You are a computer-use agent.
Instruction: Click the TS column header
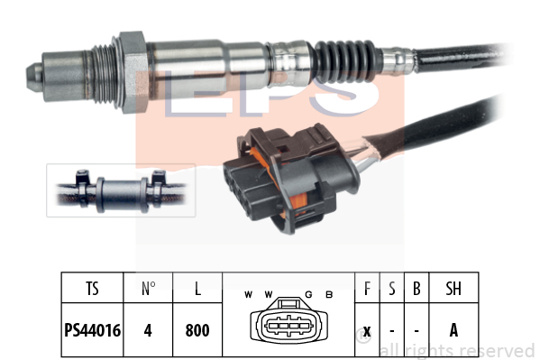tap(92, 289)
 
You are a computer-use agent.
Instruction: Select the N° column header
tap(149, 289)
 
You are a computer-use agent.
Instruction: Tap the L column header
tap(197, 289)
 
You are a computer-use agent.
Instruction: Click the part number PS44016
tap(92, 330)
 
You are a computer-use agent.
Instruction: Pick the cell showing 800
tap(197, 330)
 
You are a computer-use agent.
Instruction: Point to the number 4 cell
tap(148, 330)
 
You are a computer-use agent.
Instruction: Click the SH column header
tap(453, 289)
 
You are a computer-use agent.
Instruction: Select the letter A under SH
tap(453, 330)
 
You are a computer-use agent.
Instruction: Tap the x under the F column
tap(367, 331)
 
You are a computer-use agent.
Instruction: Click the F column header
tap(367, 289)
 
